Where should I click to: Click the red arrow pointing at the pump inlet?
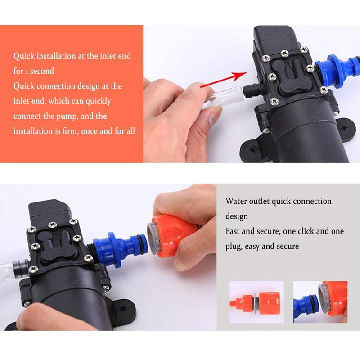[x=224, y=79]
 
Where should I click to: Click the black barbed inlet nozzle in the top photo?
[x=252, y=90]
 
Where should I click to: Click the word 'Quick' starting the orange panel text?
[x=24, y=56]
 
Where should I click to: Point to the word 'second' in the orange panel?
[x=42, y=71]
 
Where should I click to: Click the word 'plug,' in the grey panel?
[x=234, y=247]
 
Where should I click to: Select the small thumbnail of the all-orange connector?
[x=256, y=302]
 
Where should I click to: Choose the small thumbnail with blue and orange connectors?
[x=320, y=302]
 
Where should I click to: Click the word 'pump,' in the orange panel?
[x=67, y=117]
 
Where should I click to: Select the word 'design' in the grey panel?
[x=237, y=216]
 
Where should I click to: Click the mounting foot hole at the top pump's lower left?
[x=252, y=150]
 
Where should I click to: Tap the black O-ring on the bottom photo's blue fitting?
[x=146, y=244]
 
